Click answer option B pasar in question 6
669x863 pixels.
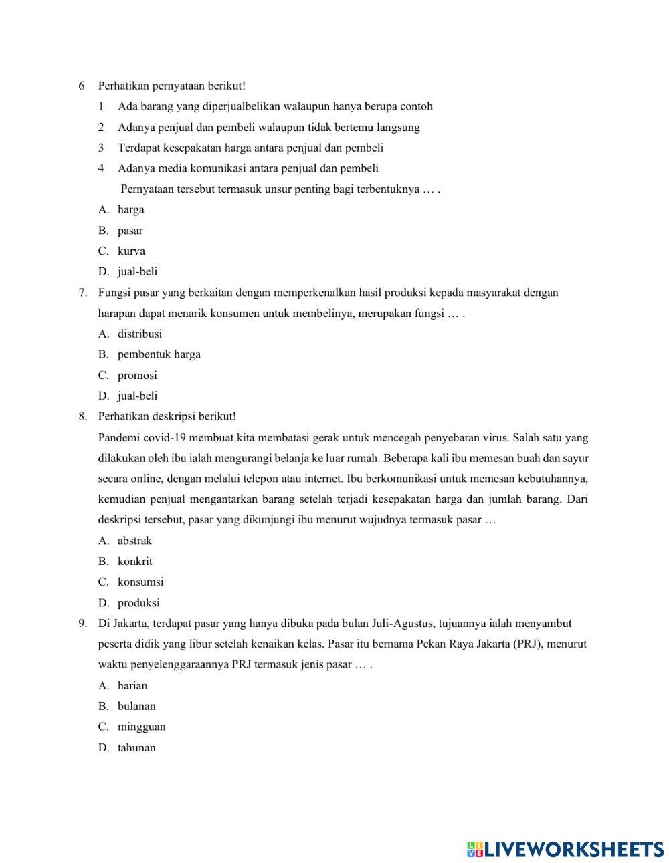[130, 231]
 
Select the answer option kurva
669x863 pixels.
[131, 251]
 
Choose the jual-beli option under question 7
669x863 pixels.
[137, 396]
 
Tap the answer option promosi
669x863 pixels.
[137, 375]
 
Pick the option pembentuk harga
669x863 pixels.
[159, 354]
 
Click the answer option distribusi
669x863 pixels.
[139, 334]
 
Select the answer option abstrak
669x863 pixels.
[134, 541]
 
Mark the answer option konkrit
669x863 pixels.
[134, 562]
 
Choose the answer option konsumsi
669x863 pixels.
[140, 582]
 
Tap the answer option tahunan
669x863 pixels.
[136, 747]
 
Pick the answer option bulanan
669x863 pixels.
[136, 706]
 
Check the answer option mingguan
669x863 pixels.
[141, 727]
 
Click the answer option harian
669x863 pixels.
[132, 685]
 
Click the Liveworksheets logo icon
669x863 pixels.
[475, 849]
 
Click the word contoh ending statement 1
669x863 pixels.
[415, 106]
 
